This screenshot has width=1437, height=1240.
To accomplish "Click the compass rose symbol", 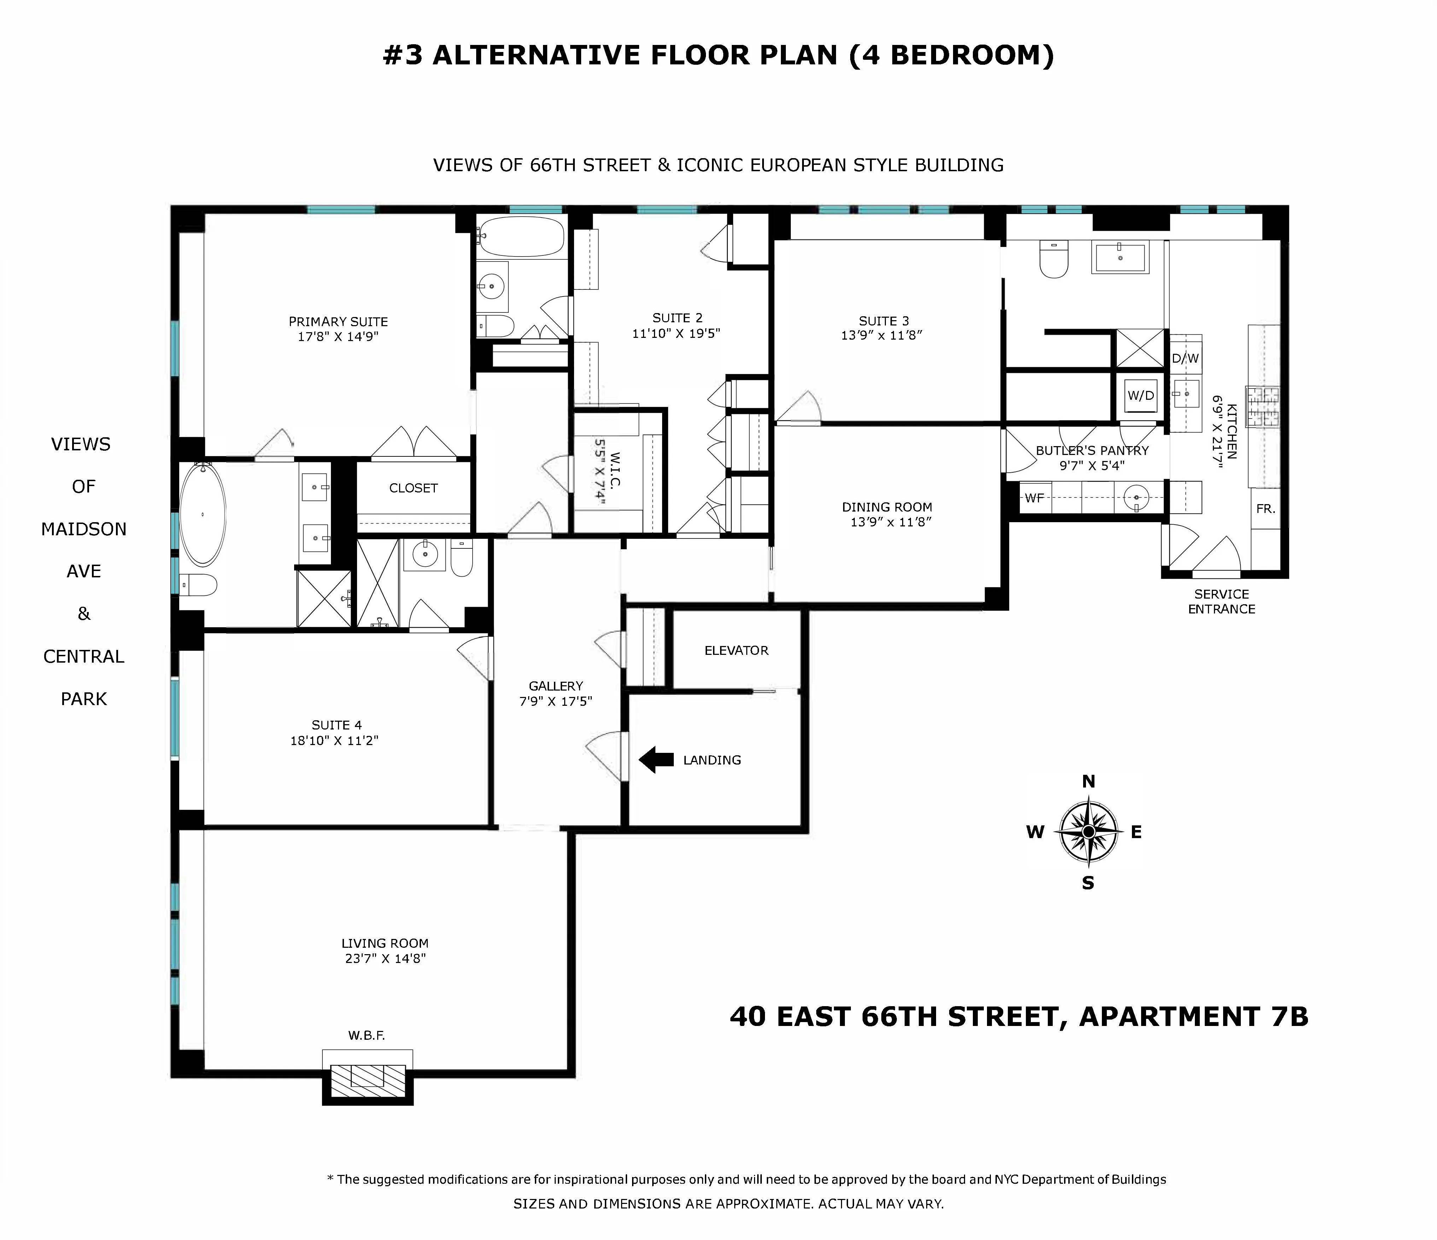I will (x=1088, y=831).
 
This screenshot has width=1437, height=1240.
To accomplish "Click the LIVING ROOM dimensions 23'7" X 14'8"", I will (x=385, y=958).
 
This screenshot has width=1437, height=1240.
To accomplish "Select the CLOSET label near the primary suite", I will (x=413, y=488).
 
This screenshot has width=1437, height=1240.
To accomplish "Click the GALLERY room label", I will (x=555, y=686).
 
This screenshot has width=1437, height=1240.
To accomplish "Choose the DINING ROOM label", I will (x=887, y=507).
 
